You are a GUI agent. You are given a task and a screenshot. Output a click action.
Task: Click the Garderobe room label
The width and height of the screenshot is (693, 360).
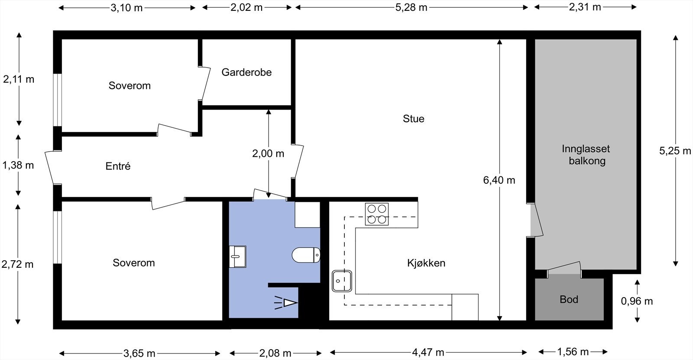(x=246, y=72)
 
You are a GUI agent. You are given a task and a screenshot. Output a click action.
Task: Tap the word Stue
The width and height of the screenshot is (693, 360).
(x=413, y=119)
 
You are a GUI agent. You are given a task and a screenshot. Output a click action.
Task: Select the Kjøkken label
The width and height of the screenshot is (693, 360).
(x=426, y=263)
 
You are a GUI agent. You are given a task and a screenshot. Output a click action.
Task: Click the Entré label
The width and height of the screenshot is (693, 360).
(x=118, y=166)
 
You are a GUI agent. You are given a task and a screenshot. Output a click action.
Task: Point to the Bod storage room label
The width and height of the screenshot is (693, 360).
(x=569, y=299)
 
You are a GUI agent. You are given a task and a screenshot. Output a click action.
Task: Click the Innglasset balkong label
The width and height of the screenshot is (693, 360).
(x=586, y=155)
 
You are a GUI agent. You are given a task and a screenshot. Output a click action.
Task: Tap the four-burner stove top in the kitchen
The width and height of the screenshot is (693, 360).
(x=376, y=214)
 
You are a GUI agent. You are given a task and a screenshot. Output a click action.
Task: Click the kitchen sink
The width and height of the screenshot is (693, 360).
(x=342, y=281)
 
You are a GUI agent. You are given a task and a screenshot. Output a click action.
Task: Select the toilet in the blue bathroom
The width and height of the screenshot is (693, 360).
(x=306, y=255)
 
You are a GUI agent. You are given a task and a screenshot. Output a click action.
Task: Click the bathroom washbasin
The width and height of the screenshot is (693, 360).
(x=238, y=256)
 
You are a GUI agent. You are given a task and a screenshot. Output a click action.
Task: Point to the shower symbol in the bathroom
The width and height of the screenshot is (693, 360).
(x=286, y=303)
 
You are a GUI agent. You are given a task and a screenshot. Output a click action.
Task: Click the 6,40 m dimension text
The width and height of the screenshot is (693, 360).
(x=499, y=180)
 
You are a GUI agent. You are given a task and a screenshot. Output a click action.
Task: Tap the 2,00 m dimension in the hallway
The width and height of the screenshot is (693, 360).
(x=268, y=153)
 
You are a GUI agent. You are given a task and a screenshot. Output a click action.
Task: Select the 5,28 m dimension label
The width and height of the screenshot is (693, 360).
(x=411, y=7)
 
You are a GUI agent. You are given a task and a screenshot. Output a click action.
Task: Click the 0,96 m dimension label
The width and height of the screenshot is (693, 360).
(x=637, y=301)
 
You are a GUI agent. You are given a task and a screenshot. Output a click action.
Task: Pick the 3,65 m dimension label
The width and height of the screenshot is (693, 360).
(x=139, y=353)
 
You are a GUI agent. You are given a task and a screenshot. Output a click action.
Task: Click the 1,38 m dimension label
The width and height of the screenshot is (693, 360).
(x=18, y=165)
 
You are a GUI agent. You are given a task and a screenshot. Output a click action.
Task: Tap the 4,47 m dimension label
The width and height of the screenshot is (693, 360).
(x=428, y=352)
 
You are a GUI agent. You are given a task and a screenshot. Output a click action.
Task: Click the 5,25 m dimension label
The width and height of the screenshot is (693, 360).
(x=675, y=151)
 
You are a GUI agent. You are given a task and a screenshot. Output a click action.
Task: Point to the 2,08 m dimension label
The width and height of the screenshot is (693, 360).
(x=275, y=353)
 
